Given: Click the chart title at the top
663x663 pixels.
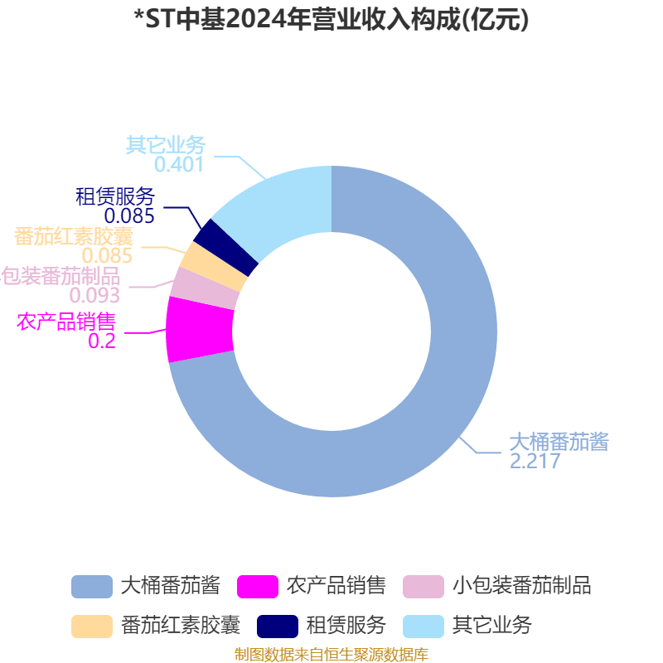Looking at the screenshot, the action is [x=331, y=19].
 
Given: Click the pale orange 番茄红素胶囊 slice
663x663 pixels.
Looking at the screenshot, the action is [x=215, y=266].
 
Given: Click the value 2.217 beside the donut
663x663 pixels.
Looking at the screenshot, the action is [x=535, y=461].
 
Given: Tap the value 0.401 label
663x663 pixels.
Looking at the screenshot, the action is [x=179, y=164].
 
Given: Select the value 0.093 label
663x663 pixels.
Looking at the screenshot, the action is [x=94, y=295].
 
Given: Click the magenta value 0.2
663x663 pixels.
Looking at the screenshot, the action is [x=102, y=341].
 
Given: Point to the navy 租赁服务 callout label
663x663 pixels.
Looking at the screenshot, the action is [x=115, y=196].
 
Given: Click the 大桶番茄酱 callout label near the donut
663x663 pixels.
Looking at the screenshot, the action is [x=559, y=442].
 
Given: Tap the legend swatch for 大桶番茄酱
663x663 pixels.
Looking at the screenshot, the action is [x=92, y=587].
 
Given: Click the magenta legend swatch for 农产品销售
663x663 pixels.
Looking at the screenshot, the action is [x=258, y=587].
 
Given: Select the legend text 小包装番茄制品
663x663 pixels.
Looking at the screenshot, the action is [x=522, y=586].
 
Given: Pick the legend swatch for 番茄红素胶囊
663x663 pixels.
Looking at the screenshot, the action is [x=92, y=627].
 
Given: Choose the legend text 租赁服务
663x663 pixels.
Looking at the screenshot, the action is [x=346, y=626].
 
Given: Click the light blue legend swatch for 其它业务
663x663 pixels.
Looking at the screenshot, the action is [x=423, y=627].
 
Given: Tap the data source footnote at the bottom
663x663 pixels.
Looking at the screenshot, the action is [x=331, y=654].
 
